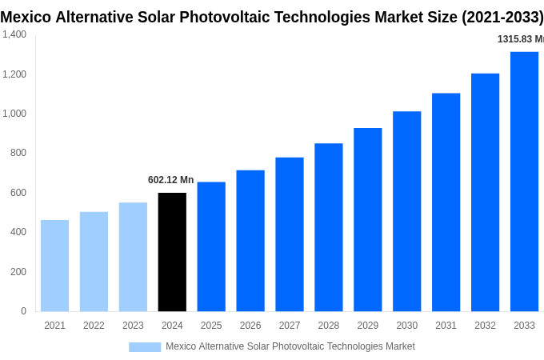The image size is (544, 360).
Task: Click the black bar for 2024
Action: tap(172, 252)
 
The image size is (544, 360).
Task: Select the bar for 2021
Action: tap(54, 266)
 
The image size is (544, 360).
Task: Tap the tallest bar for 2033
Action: tap(524, 182)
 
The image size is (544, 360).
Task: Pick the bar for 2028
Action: tap(328, 227)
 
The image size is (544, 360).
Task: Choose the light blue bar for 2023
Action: tap(133, 257)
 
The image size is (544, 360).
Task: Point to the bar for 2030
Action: tap(406, 211)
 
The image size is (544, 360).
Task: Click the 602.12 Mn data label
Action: tap(170, 180)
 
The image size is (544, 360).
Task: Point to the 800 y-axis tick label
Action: tap(18, 153)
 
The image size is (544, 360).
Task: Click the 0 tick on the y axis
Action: tap(23, 311)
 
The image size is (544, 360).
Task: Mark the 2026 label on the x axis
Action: tap(250, 326)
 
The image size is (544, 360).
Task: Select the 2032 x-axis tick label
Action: tap(485, 326)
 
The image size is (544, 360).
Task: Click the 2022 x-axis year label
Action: tap(94, 326)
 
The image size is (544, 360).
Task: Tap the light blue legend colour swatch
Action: tap(145, 347)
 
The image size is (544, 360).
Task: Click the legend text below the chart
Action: tap(290, 346)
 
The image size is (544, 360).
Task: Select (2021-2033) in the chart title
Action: tap(502, 17)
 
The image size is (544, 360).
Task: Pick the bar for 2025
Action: tap(211, 246)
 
